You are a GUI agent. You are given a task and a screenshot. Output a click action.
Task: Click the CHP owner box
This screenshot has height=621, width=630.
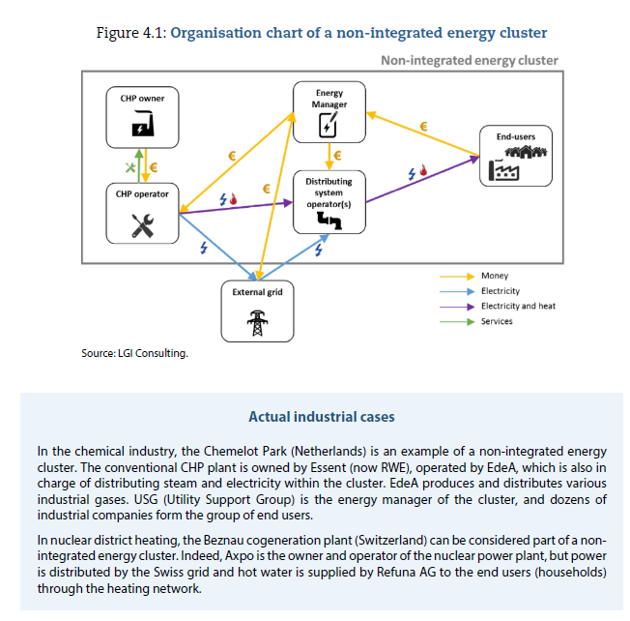(x=142, y=115)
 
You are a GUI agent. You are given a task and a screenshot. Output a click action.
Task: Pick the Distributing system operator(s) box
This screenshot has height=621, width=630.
(x=329, y=202)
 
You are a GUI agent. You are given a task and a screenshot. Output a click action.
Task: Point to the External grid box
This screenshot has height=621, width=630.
(x=257, y=310)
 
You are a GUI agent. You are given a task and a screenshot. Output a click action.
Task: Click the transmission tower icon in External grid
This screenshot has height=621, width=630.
(x=257, y=322)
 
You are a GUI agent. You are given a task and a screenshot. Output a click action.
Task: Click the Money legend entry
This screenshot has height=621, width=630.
(x=494, y=276)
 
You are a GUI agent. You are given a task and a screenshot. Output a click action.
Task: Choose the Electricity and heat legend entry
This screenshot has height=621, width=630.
(x=518, y=306)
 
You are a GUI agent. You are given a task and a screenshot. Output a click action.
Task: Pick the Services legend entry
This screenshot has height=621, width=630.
(x=497, y=321)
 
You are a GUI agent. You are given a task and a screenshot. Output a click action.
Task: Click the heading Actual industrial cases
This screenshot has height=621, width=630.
(x=321, y=417)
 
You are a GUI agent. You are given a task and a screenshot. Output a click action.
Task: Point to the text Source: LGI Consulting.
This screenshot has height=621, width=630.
(x=134, y=353)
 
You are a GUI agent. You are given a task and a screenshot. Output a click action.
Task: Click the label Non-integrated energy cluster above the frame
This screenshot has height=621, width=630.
(x=469, y=60)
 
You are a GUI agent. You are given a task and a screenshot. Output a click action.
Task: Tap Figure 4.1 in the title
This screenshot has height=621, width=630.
(x=132, y=33)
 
